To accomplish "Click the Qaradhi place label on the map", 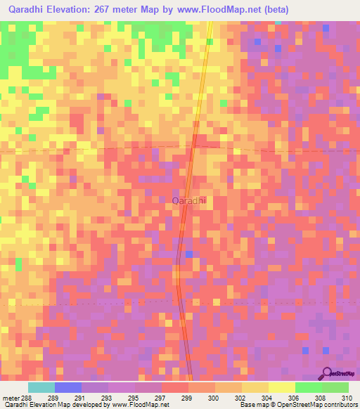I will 189,201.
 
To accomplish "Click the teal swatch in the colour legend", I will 41,387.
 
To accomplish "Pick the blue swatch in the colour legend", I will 68,387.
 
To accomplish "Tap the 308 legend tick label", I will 322,398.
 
